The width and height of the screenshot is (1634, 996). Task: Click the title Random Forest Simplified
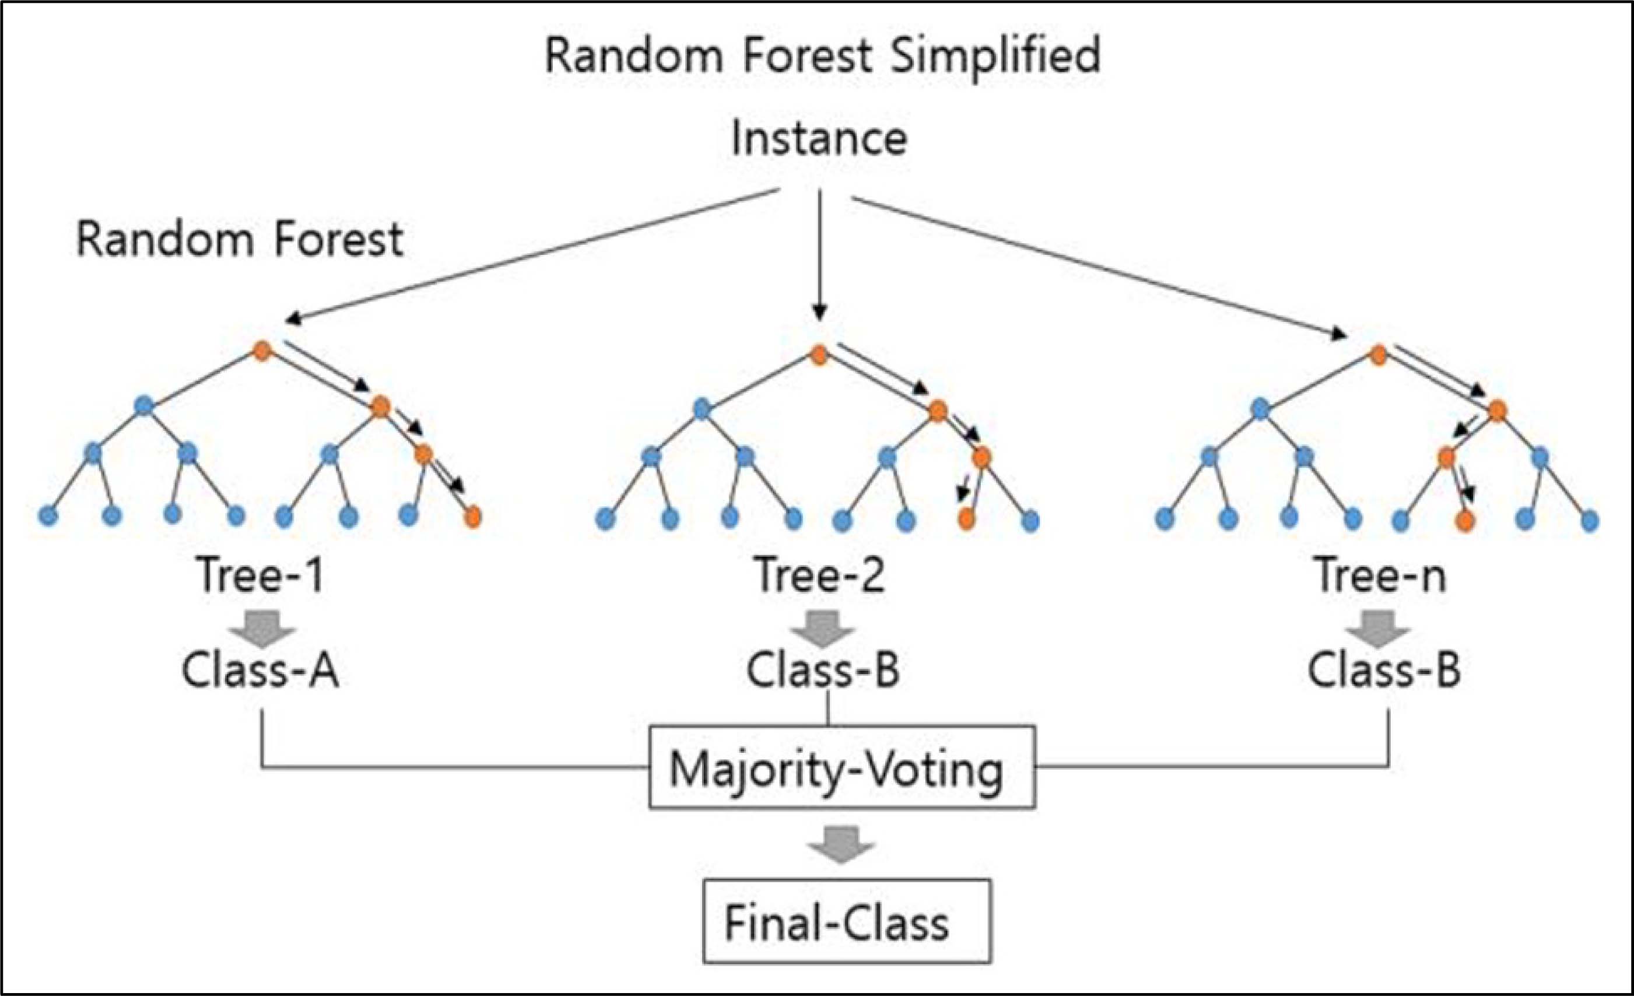(x=822, y=56)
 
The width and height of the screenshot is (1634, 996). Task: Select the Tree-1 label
(x=260, y=576)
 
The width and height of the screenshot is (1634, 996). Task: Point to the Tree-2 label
(x=820, y=576)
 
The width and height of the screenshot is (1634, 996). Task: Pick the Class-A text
(x=260, y=671)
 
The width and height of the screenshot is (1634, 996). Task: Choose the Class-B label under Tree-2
(x=823, y=671)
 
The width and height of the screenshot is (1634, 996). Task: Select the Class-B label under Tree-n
(x=1384, y=671)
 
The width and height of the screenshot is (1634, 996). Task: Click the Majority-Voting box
(x=841, y=768)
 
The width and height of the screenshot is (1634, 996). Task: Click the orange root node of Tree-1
(x=263, y=351)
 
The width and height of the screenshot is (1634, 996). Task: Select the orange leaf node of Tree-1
(x=473, y=517)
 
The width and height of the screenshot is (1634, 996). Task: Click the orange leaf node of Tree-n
(x=1465, y=521)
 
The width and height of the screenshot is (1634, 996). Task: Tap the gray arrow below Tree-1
(x=262, y=629)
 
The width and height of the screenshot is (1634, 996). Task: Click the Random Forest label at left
(x=240, y=240)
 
